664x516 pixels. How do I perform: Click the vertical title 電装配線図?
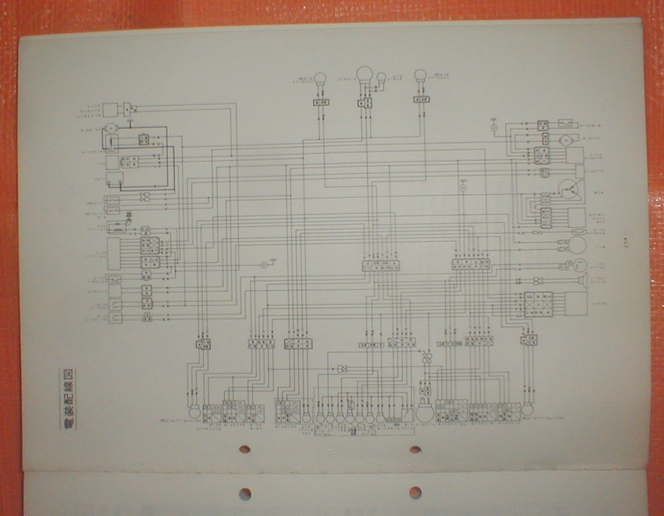pyautogui.click(x=68, y=399)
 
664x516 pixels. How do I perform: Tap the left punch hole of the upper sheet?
pyautogui.click(x=245, y=450)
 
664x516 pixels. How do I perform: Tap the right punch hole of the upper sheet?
pyautogui.click(x=415, y=450)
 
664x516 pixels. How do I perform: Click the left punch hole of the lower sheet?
pyautogui.click(x=245, y=494)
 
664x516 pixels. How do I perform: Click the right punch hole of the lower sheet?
pyautogui.click(x=415, y=493)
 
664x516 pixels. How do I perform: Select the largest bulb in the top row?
pyautogui.click(x=365, y=74)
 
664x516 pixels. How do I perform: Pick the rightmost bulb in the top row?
pyautogui.click(x=420, y=76)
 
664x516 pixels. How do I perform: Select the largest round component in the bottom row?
pyautogui.click(x=423, y=413)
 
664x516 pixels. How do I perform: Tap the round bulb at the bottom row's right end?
pyautogui.click(x=527, y=409)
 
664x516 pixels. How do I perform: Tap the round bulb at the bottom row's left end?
pyautogui.click(x=195, y=412)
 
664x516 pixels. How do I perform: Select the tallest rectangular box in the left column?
pyautogui.click(x=114, y=253)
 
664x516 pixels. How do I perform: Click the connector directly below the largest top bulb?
pyautogui.click(x=365, y=104)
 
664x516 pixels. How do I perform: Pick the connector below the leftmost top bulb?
pyautogui.click(x=320, y=103)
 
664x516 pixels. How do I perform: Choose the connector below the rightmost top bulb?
pyautogui.click(x=421, y=100)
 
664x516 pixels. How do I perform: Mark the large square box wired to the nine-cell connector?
pyautogui.click(x=575, y=303)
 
